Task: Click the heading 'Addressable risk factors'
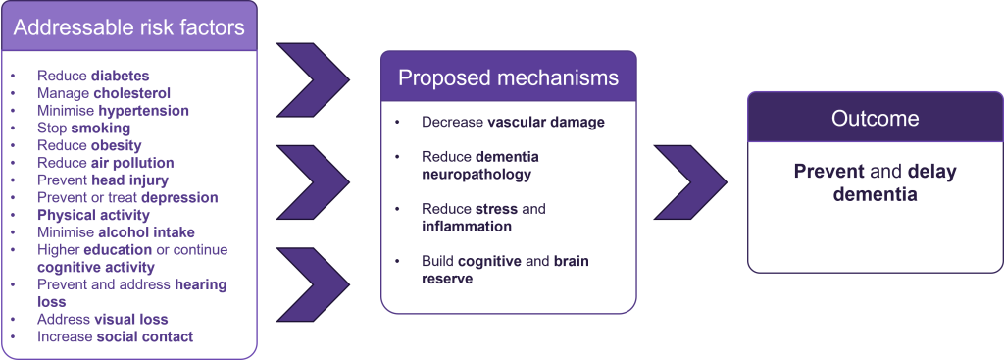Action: point(128,26)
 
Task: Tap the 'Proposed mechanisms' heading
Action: point(509,77)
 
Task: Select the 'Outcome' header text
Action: point(875,118)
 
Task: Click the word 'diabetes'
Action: point(121,76)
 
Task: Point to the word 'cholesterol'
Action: point(132,93)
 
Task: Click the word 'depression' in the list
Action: point(180,197)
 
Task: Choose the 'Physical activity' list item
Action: point(93,215)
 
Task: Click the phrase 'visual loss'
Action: point(130,319)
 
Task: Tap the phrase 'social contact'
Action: point(145,336)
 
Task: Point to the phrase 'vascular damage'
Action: point(546,123)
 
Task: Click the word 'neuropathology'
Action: point(477,175)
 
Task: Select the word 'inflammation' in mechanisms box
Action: point(467,227)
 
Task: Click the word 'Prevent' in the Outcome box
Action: point(822,172)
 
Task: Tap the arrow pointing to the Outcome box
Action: point(690,181)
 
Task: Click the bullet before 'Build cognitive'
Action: point(398,261)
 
